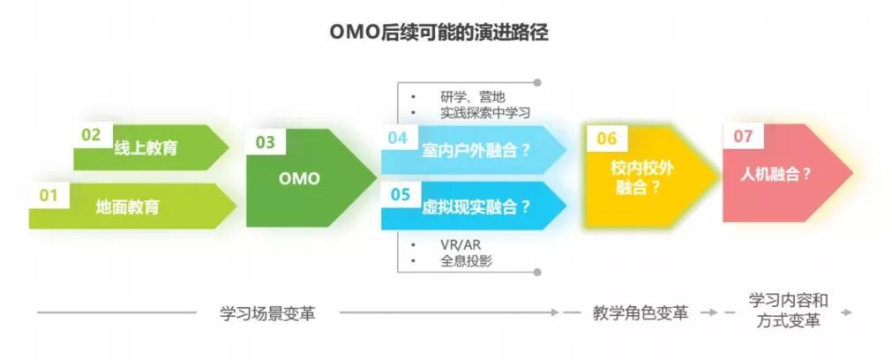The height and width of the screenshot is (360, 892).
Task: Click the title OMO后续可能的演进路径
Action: click(x=439, y=33)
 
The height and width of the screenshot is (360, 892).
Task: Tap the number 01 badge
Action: click(x=49, y=196)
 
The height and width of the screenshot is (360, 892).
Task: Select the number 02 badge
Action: click(x=91, y=135)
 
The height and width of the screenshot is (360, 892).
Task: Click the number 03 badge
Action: click(x=265, y=141)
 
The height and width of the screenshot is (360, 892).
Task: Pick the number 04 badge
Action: click(x=398, y=138)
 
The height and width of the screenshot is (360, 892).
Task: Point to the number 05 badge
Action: click(x=401, y=194)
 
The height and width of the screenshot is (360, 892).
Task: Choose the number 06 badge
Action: click(x=607, y=139)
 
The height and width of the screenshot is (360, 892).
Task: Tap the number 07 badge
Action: click(x=743, y=137)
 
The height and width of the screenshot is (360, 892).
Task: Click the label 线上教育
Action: click(x=146, y=148)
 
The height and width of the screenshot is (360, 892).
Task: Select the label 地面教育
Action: click(x=127, y=206)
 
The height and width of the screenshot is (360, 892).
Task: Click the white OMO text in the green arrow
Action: click(x=299, y=178)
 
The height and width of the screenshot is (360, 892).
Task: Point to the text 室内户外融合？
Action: click(x=476, y=151)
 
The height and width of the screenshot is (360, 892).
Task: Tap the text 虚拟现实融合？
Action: click(x=476, y=207)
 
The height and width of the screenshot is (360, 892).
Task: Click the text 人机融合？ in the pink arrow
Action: click(x=776, y=174)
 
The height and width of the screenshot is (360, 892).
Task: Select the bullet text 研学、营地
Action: click(x=473, y=97)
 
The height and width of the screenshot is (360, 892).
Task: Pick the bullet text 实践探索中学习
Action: click(x=485, y=113)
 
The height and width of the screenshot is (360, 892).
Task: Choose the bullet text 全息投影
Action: click(x=466, y=261)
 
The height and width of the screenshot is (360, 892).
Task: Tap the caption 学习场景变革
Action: click(x=267, y=313)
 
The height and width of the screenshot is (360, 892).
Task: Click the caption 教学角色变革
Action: click(x=640, y=313)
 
